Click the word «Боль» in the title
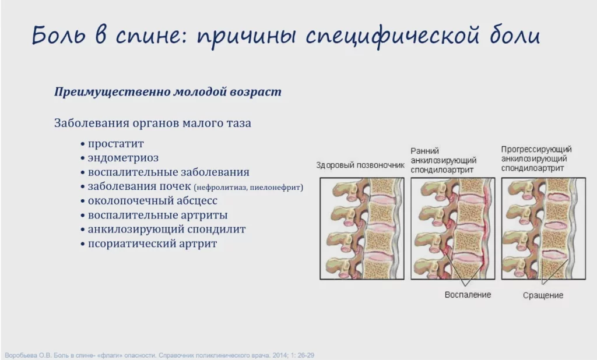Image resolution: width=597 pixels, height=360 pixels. (x=59, y=35)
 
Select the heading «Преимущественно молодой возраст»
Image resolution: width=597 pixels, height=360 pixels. (x=168, y=91)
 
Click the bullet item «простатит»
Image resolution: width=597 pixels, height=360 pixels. (x=116, y=144)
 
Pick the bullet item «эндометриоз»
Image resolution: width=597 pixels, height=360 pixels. (x=123, y=157)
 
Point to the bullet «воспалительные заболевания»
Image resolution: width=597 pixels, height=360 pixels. (x=168, y=172)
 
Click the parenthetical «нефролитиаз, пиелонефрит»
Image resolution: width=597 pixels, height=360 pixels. (x=248, y=187)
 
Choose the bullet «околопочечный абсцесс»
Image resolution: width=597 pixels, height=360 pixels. (x=153, y=200)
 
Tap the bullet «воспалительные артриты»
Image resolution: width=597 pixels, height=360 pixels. (x=157, y=215)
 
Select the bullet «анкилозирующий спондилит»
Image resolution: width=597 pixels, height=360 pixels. (x=167, y=229)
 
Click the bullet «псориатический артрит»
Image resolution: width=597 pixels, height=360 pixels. (x=152, y=243)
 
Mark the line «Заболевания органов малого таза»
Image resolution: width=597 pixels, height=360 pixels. (x=153, y=123)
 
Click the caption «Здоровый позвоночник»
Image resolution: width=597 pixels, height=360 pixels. (x=360, y=165)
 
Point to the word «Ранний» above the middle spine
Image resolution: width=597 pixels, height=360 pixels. (x=424, y=151)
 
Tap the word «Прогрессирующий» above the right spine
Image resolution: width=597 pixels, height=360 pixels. (x=536, y=149)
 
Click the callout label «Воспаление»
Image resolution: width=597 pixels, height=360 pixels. (x=468, y=295)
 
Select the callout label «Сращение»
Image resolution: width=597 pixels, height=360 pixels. (x=543, y=295)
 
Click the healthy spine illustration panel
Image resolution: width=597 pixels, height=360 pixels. (x=361, y=229)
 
